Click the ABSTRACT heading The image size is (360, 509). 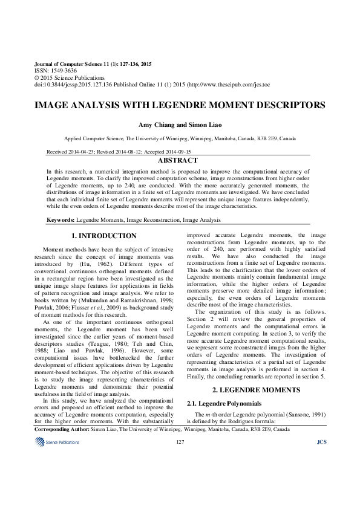177,160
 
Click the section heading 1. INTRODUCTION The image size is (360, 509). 104,235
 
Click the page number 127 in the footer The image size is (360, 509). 179,443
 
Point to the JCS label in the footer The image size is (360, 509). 321,443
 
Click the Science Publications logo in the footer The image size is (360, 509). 53,443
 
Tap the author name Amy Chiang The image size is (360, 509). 157,123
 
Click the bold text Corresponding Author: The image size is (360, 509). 70,429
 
